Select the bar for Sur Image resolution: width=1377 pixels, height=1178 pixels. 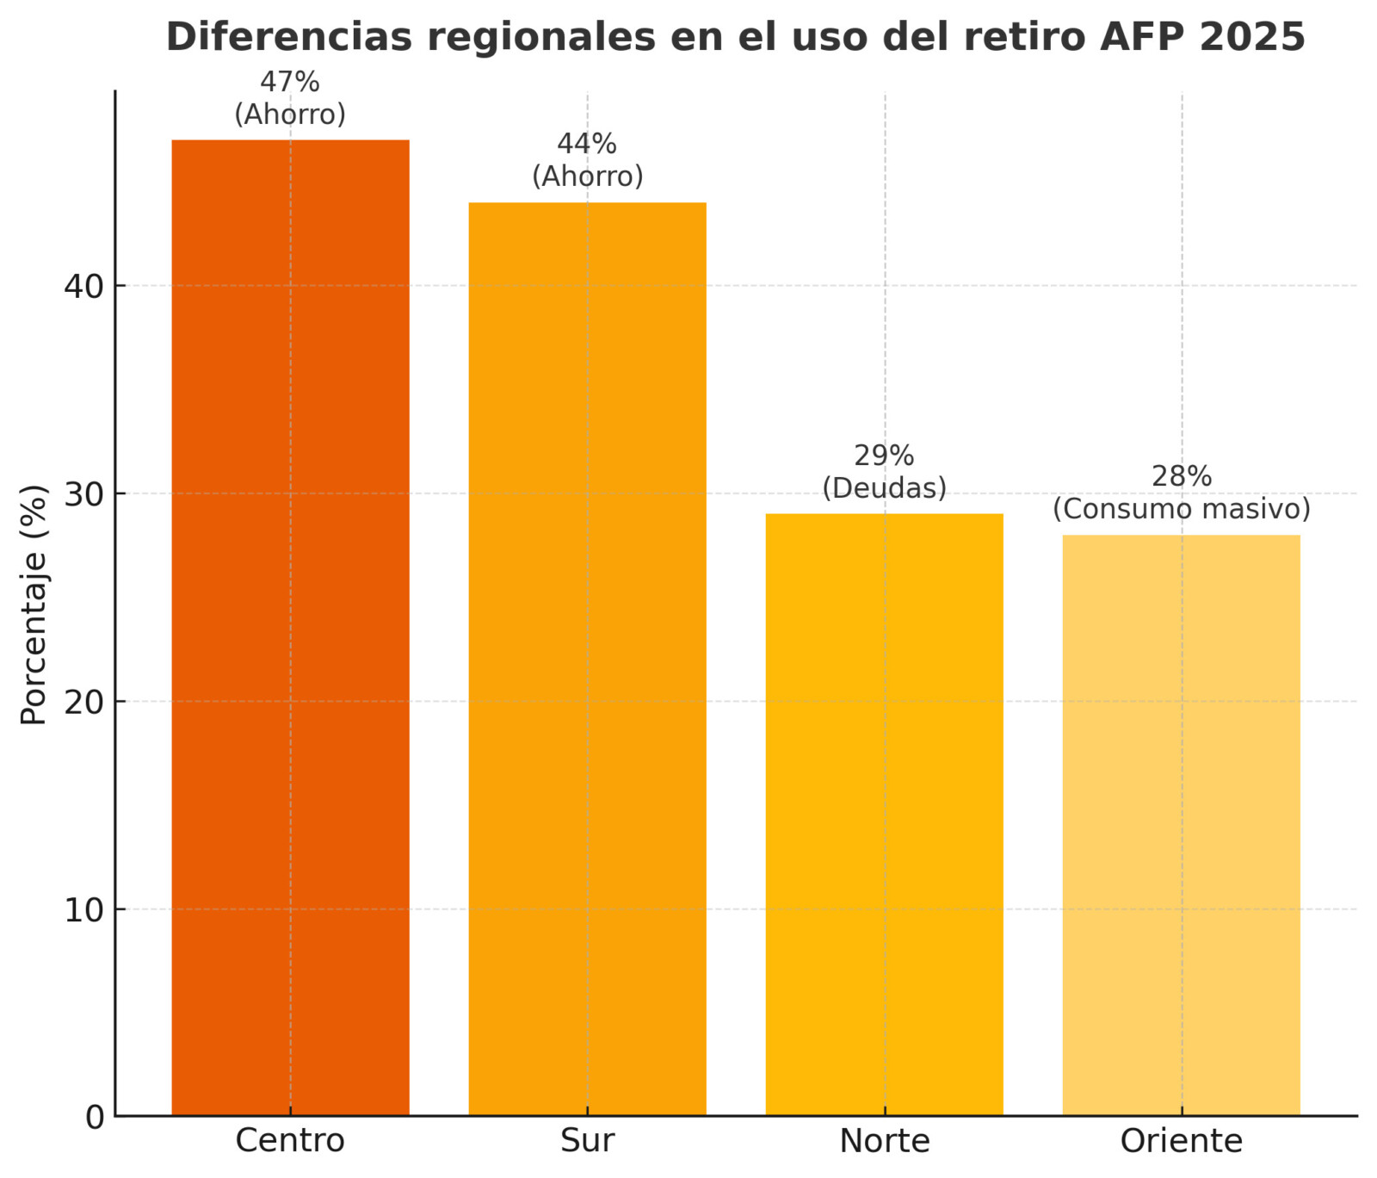coord(587,659)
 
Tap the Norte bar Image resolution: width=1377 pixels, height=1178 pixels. coord(884,814)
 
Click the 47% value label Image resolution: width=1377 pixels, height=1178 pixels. coord(290,83)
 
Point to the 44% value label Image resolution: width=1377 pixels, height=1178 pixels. coord(587,144)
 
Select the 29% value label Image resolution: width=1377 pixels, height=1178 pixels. coord(884,456)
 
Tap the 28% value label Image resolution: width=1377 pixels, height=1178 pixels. coord(1182,476)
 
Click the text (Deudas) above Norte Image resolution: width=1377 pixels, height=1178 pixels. coord(884,488)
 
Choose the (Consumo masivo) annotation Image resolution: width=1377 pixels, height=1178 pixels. coord(1182,509)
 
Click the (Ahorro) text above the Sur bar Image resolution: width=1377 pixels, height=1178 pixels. coord(587,177)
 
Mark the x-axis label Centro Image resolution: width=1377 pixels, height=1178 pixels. coord(290,1141)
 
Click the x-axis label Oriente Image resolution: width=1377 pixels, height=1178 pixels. coord(1181,1141)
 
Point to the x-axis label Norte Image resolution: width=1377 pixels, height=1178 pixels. coord(884,1141)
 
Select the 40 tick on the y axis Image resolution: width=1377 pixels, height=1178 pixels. coord(83,286)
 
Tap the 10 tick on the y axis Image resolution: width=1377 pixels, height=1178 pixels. coord(83,909)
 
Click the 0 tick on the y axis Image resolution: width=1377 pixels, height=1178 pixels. coord(95,1117)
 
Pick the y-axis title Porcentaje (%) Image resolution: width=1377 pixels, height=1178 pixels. coord(34,604)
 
